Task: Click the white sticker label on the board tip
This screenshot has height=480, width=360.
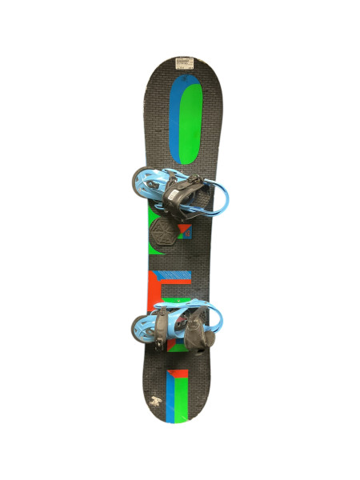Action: tap(186, 62)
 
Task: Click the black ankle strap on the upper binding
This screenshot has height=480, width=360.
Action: tap(183, 192)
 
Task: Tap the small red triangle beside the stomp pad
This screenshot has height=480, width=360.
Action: tap(184, 233)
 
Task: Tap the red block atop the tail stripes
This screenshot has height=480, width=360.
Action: tap(177, 373)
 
